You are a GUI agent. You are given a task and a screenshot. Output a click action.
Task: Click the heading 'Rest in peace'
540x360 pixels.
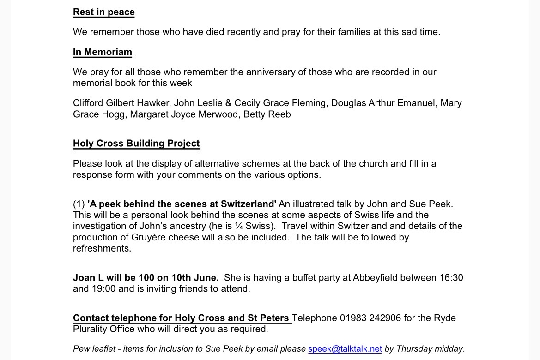coord(103,12)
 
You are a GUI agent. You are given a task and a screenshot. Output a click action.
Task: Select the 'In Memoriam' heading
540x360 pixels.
coord(102,52)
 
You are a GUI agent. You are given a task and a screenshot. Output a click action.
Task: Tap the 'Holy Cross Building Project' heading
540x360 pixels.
coord(136,144)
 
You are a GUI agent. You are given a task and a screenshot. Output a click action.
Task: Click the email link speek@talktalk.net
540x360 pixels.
coord(345,349)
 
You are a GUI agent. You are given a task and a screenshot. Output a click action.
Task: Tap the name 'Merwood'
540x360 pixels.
coord(215,114)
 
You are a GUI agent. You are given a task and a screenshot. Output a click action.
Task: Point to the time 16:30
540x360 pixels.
coord(449,278)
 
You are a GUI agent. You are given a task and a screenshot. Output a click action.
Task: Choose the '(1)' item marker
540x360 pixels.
coord(79,204)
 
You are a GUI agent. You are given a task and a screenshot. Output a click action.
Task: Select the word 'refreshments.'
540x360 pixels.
coord(102,248)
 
